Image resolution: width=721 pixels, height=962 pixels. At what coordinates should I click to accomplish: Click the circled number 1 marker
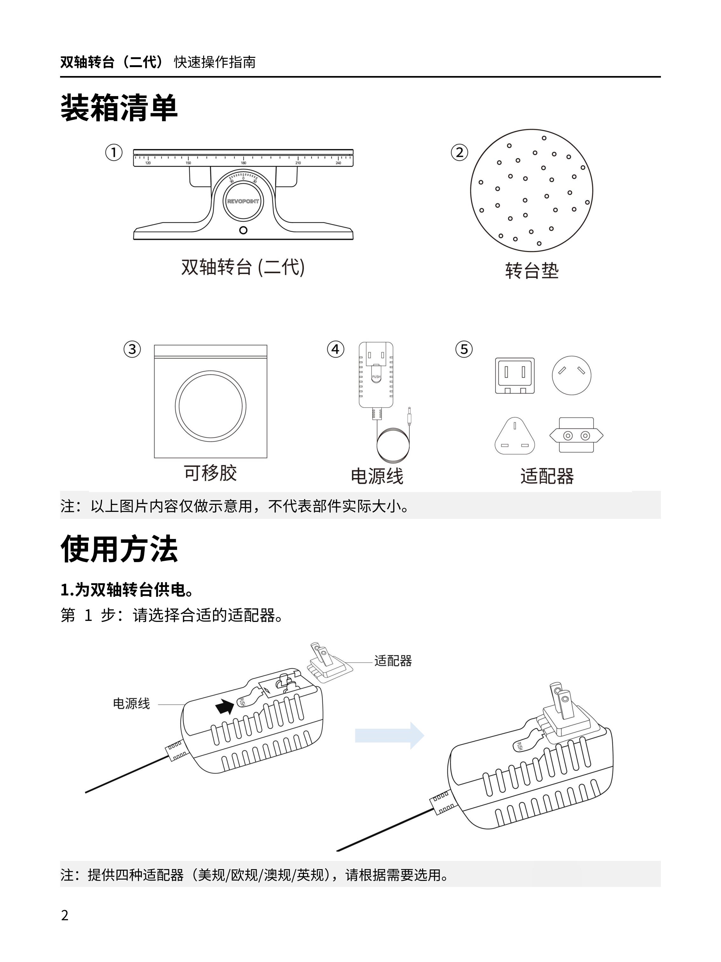click(114, 153)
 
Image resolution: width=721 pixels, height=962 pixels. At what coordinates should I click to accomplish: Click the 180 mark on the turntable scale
click(244, 163)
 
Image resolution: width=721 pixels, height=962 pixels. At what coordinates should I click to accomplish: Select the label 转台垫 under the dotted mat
click(532, 270)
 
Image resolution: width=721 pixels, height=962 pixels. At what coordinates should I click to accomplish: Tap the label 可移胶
click(210, 473)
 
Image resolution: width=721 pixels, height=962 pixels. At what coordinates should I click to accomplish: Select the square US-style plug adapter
click(515, 376)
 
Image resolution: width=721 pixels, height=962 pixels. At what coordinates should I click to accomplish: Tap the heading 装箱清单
click(119, 108)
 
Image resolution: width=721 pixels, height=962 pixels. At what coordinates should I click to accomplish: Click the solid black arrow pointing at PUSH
click(224, 707)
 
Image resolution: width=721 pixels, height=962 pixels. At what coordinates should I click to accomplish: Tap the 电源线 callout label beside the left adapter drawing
click(131, 704)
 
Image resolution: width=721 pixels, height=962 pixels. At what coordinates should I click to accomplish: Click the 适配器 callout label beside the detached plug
click(393, 661)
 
